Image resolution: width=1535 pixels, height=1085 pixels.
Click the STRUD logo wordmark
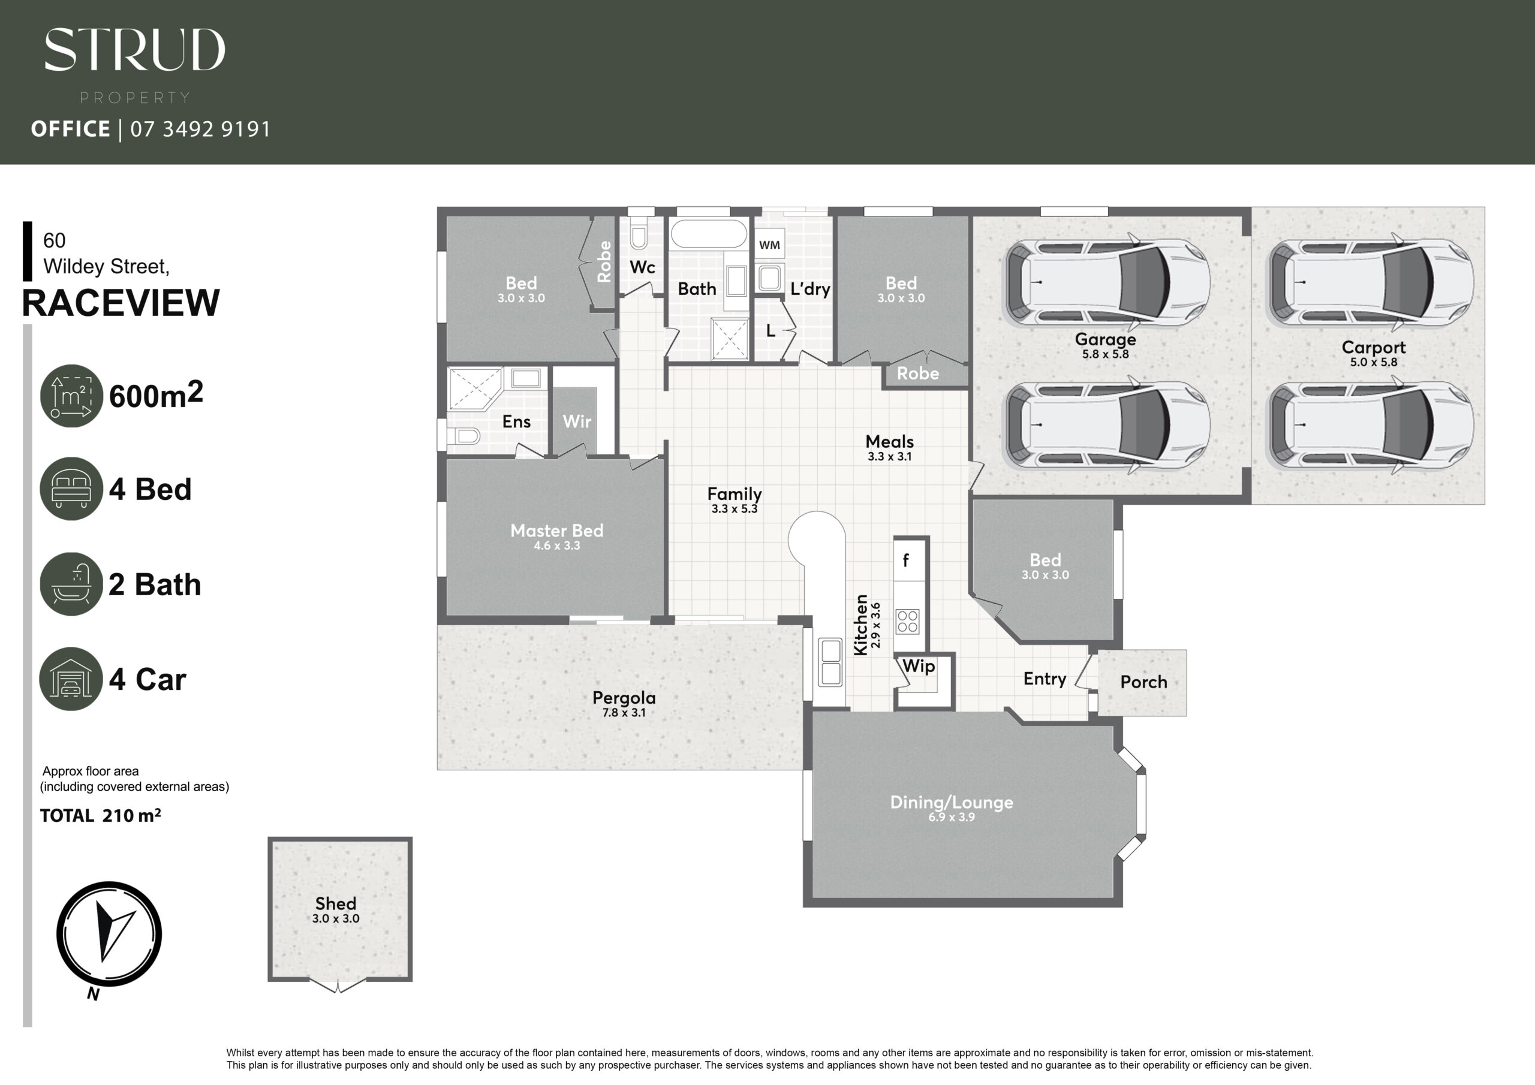tap(135, 50)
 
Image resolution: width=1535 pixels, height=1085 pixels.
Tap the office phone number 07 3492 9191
tap(200, 129)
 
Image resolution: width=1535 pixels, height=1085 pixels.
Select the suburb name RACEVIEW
tap(121, 303)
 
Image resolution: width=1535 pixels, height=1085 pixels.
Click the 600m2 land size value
tap(156, 394)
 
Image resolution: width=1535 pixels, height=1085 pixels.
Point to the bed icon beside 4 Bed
tap(71, 489)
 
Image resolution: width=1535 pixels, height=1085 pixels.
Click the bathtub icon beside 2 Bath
tap(71, 584)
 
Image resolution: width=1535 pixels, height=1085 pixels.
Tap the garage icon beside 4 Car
tap(71, 679)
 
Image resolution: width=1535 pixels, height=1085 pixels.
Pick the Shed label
tap(336, 903)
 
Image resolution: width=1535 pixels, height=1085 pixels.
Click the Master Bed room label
tap(557, 531)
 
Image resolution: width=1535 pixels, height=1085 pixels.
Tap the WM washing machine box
tap(769, 245)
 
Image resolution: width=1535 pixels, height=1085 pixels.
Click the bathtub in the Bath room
tap(709, 234)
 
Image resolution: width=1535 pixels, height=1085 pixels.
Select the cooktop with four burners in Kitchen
tap(907, 621)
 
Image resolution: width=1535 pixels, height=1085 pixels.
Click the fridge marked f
tap(911, 559)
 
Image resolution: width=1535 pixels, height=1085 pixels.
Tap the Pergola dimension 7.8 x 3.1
tap(624, 713)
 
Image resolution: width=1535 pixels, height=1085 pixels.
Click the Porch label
tap(1144, 682)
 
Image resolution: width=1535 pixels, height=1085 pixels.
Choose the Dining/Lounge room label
tap(952, 802)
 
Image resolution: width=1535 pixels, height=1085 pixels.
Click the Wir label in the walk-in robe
tap(577, 421)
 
